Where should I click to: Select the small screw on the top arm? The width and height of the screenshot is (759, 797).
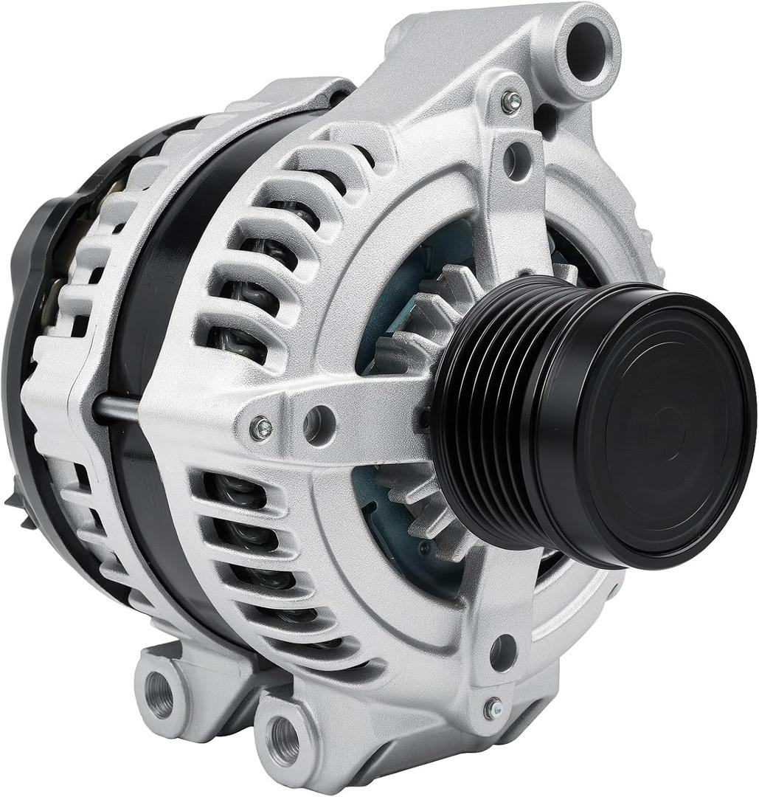[x=510, y=103]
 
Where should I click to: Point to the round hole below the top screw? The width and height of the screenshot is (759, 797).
[x=516, y=158]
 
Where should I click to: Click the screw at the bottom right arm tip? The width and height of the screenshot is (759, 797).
[x=493, y=709]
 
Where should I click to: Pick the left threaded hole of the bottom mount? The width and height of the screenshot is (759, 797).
[x=159, y=694]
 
